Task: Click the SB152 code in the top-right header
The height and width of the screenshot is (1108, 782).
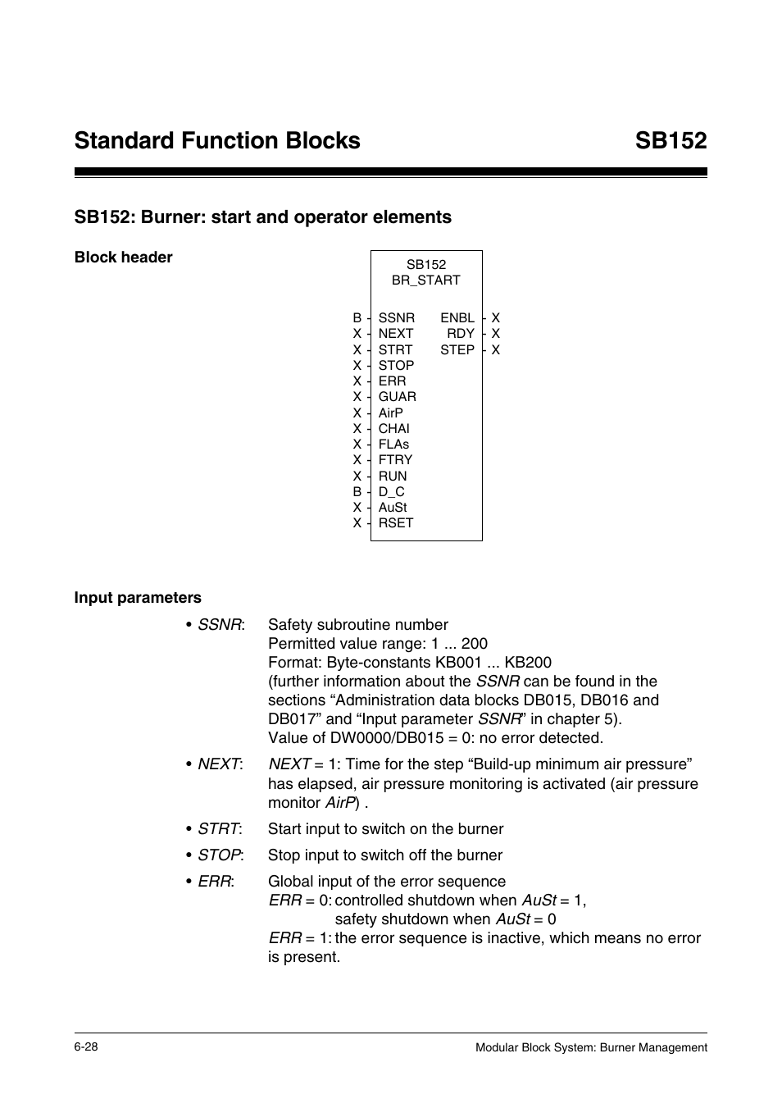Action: (670, 140)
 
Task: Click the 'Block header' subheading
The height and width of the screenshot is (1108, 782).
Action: (123, 258)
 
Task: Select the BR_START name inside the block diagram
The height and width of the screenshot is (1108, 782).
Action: (425, 280)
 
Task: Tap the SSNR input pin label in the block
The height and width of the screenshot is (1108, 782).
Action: (396, 318)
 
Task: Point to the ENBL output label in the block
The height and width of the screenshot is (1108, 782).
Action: (457, 318)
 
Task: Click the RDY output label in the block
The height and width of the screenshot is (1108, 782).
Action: (460, 334)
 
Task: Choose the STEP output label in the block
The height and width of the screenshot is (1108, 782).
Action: (457, 349)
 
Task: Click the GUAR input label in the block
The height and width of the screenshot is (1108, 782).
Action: (397, 397)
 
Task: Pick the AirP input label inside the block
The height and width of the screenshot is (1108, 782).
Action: (390, 413)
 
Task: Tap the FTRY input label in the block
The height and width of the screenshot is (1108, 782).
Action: (395, 460)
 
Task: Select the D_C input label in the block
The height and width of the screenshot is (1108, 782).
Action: (391, 492)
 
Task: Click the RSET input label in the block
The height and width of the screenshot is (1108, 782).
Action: (395, 523)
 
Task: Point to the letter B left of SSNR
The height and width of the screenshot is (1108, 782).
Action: (357, 318)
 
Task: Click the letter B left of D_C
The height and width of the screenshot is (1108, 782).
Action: (357, 492)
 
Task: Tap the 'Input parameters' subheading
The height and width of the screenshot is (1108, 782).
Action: (138, 598)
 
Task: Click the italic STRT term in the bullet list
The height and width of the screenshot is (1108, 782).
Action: (218, 829)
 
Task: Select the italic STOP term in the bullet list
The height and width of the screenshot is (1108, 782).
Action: (219, 855)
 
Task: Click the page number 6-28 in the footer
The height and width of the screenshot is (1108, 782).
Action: (86, 1047)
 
